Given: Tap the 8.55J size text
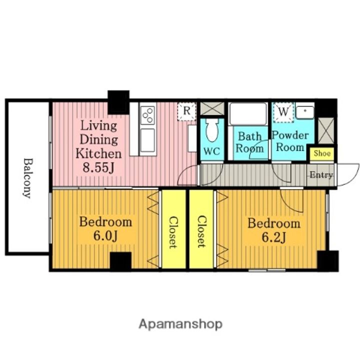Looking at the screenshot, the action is click(x=98, y=167).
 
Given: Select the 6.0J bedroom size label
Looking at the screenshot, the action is click(x=105, y=235).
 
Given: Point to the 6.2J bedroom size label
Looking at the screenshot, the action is click(x=274, y=237).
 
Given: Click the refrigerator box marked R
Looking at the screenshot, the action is click(x=186, y=111).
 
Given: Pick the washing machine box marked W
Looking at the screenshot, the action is click(x=283, y=112).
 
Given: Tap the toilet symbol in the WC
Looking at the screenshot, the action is click(x=212, y=130).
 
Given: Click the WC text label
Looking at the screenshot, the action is click(x=212, y=151).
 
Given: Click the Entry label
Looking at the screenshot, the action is click(x=321, y=175).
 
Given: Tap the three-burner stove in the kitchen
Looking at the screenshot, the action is click(x=147, y=115).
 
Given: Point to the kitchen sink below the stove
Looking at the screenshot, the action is click(x=147, y=140).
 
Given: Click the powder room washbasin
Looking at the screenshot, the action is click(x=305, y=112).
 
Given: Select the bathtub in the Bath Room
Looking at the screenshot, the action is click(x=248, y=114).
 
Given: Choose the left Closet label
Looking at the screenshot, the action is click(x=173, y=232).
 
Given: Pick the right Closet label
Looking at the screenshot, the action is click(x=202, y=231).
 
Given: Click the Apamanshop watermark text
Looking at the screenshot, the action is click(x=180, y=324).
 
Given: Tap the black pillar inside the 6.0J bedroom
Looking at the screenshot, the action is click(x=121, y=261).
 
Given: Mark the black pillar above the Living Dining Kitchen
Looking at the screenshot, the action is click(x=118, y=102).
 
